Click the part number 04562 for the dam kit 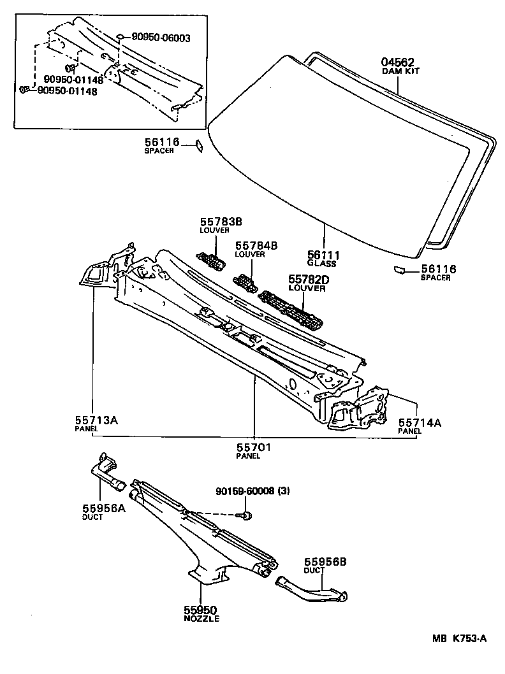(398, 62)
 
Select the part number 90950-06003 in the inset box (161, 38)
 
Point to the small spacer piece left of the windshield (199, 146)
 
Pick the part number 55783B (216, 221)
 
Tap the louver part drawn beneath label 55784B (244, 280)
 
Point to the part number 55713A (98, 420)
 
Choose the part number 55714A (420, 422)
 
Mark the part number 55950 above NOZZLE (201, 610)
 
